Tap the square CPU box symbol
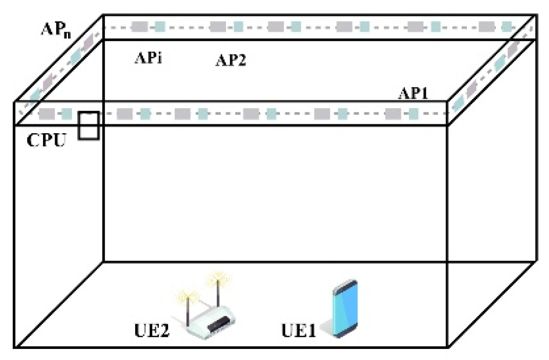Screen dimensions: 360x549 pos(89,126)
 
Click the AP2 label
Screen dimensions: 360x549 pos(230,61)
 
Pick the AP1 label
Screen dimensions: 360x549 pos(416,94)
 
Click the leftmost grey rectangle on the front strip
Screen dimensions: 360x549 pos(46,114)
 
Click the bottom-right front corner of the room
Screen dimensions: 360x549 pos(449,346)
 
